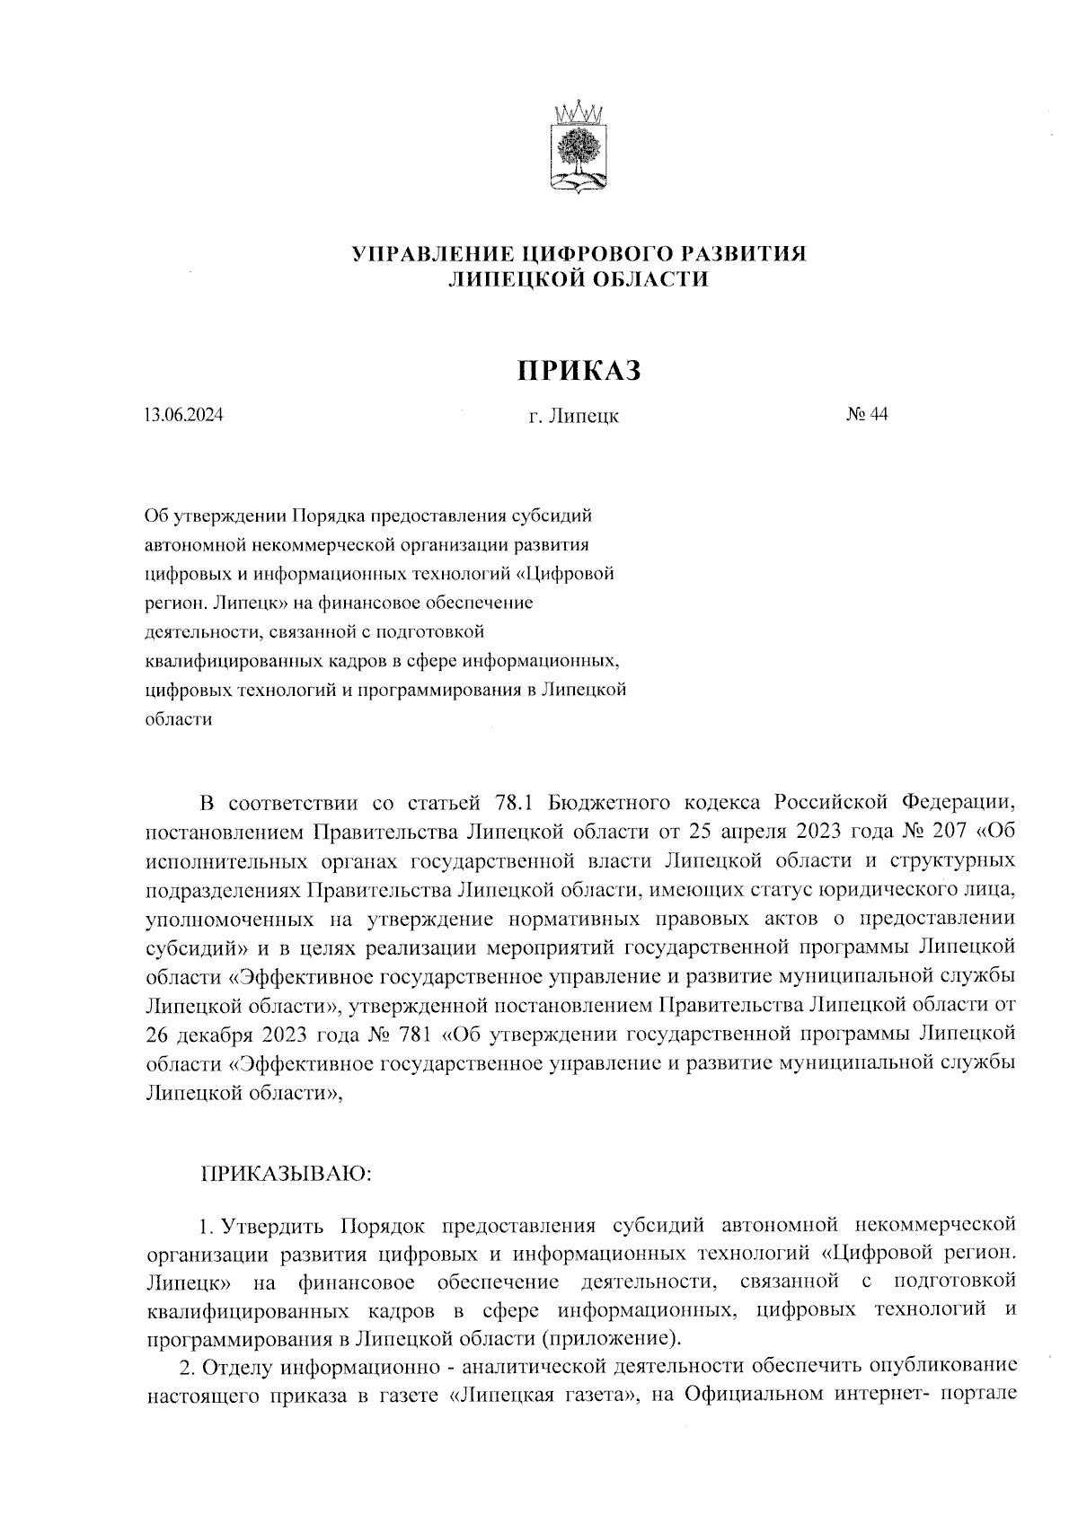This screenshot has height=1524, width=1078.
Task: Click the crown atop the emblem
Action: [577, 114]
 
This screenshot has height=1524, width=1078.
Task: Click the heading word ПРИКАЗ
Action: [579, 369]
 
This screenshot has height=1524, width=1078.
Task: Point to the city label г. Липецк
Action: [574, 417]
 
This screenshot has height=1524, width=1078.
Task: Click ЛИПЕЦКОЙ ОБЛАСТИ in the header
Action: [579, 279]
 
